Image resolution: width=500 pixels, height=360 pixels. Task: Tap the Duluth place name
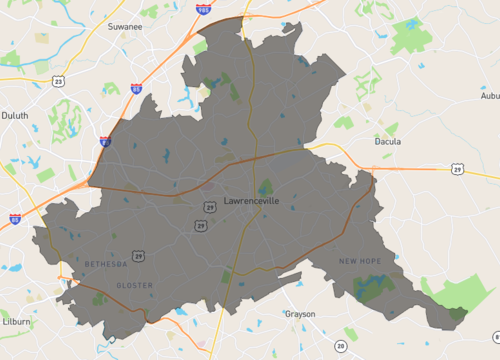coord(15,115)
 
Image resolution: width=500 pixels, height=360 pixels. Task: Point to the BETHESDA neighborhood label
coord(106,264)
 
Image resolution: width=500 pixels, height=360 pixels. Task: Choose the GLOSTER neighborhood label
coord(134,285)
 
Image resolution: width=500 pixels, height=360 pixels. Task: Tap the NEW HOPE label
coord(361,261)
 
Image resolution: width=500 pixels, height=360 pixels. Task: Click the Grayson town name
coord(299,313)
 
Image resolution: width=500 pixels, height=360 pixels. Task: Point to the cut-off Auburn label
coord(489,96)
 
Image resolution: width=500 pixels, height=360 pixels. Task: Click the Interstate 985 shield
coord(203,10)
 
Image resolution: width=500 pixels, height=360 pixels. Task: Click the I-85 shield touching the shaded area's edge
coord(105,142)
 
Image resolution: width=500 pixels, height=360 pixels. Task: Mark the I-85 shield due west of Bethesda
coord(14,218)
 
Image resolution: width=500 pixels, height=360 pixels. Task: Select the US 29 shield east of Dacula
coord(456,169)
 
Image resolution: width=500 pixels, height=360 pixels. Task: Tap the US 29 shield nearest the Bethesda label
coord(137,257)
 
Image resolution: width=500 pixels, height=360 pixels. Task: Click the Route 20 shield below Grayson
coord(340,346)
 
